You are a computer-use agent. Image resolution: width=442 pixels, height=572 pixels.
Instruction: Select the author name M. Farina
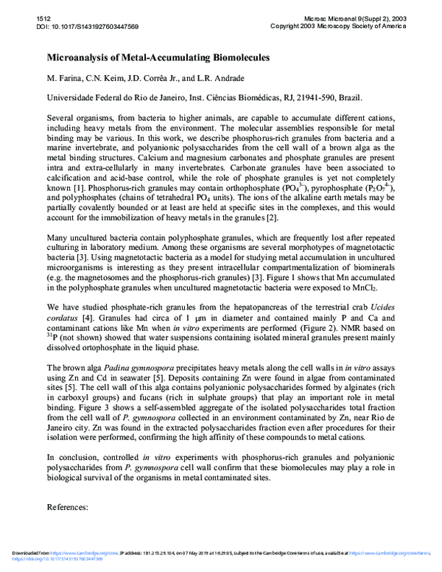pyautogui.click(x=64, y=79)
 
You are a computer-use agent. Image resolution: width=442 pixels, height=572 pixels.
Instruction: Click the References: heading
pyautogui.click(x=68, y=508)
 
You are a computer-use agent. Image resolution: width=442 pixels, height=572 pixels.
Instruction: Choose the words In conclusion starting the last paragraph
pyautogui.click(x=74, y=456)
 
